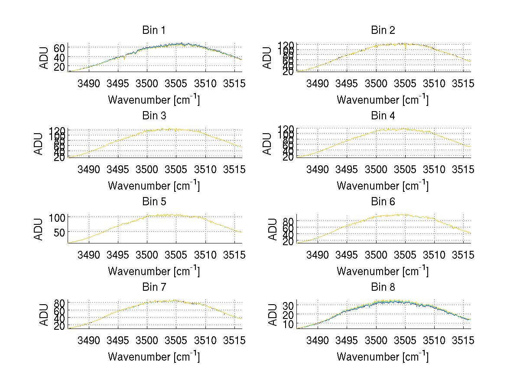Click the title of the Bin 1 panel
[153, 30]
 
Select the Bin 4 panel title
[383, 116]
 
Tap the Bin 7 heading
[153, 287]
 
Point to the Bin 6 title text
[383, 202]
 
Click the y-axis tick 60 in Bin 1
[59, 48]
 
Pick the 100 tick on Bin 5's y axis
[57, 217]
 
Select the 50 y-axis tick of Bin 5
[59, 232]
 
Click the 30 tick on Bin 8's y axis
[288, 306]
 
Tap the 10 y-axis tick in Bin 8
[288, 324]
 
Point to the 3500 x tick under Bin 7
[147, 340]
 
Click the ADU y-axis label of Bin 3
[39, 144]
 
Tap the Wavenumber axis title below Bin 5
[153, 271]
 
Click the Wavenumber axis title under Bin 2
[383, 100]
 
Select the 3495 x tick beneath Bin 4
[347, 169]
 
